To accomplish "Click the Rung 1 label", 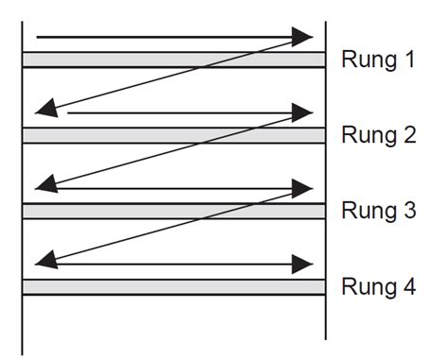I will (377, 60).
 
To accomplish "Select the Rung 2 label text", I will (377, 135).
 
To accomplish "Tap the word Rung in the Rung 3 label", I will (364, 210).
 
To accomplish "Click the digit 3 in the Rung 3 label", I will (408, 210).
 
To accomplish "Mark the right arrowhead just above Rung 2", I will (302, 112).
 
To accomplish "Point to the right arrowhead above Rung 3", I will (302, 188).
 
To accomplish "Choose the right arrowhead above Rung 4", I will (302, 264).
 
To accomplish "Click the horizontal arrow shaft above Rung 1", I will (161, 38).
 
